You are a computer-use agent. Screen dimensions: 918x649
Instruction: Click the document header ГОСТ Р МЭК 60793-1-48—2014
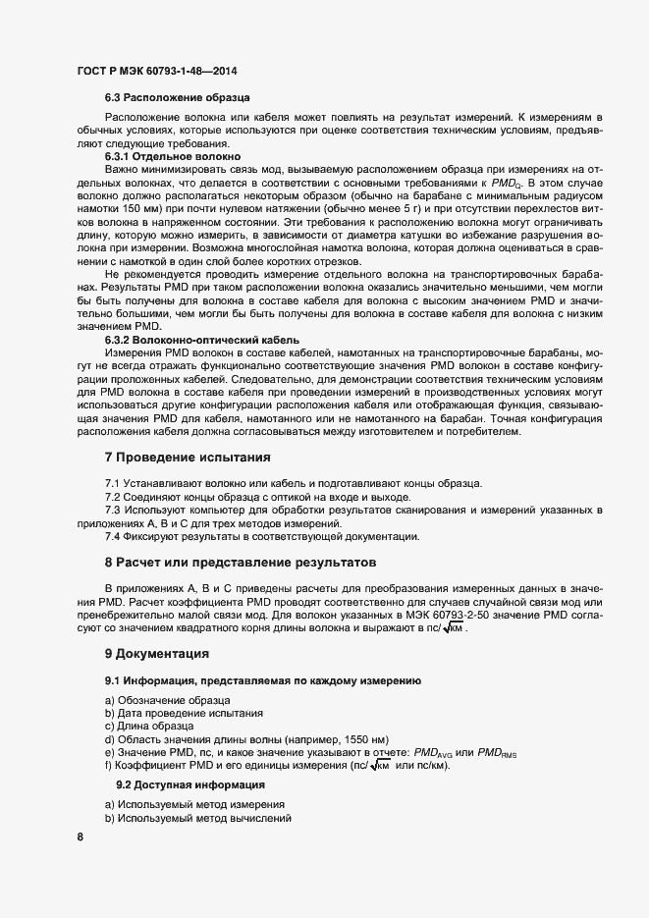pyautogui.click(x=156, y=71)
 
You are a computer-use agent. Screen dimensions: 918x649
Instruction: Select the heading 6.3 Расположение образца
pyautogui.click(x=177, y=98)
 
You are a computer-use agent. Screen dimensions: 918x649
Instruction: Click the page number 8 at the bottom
pyautogui.click(x=80, y=837)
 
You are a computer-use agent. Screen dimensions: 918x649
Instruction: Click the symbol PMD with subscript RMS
pyautogui.click(x=496, y=752)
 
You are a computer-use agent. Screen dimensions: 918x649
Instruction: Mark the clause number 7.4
pyautogui.click(x=113, y=536)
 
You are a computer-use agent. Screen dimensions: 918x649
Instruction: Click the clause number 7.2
pyautogui.click(x=113, y=497)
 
